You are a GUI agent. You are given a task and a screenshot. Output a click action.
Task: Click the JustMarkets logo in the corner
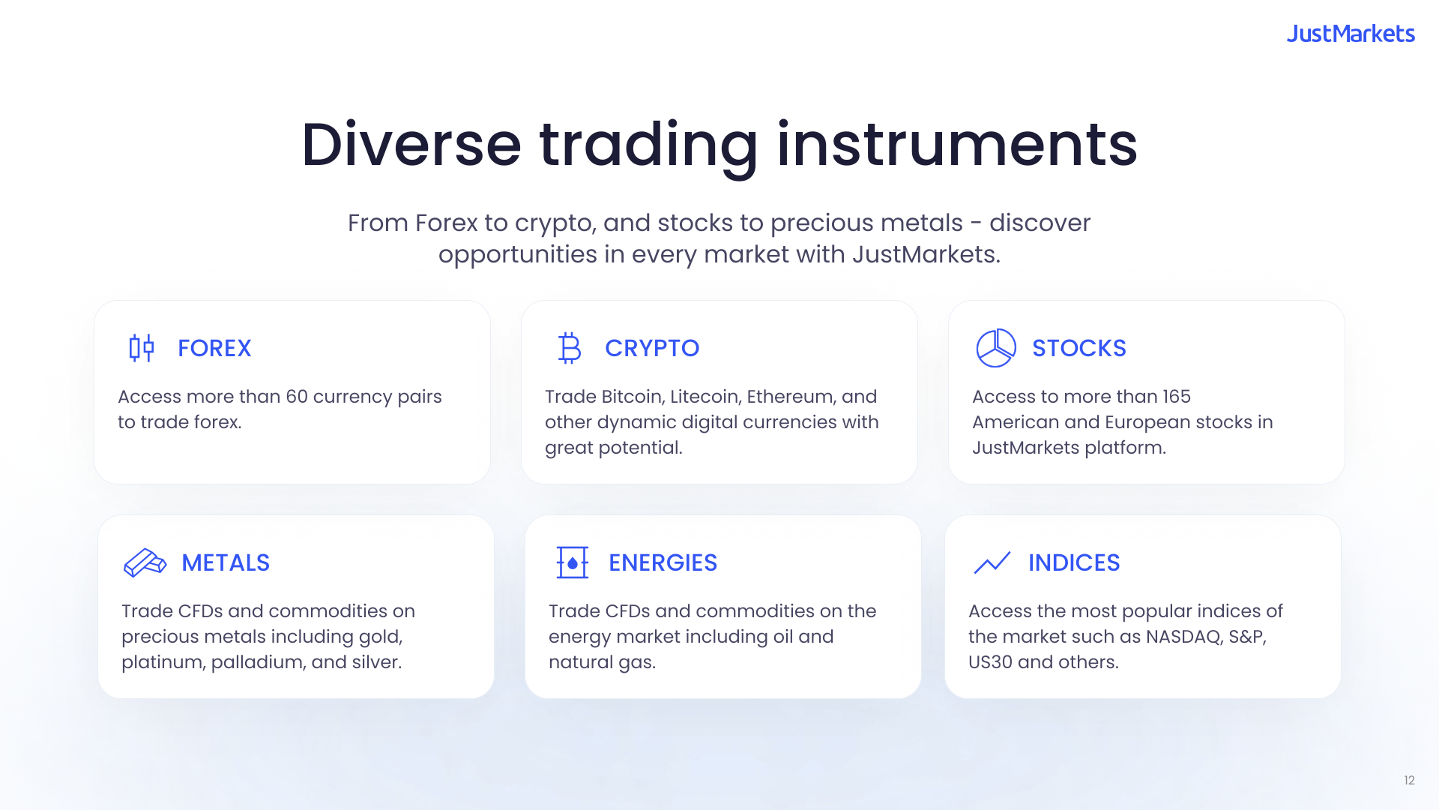point(1351,34)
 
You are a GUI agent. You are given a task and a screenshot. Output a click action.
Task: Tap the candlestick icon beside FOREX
point(141,348)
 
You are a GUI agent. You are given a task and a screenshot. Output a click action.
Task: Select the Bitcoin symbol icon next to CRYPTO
point(570,348)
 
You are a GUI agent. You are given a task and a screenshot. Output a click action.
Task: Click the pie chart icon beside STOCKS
point(996,348)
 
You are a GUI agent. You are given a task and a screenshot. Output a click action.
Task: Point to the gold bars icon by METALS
point(145,562)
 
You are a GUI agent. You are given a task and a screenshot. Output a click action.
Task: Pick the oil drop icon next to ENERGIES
point(573,562)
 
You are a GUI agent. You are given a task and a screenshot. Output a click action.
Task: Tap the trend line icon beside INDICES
point(992,562)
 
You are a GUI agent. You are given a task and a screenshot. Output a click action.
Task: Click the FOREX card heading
point(214,348)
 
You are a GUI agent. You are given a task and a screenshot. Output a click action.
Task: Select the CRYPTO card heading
point(652,348)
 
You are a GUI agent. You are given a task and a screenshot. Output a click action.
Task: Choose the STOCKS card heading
point(1079,348)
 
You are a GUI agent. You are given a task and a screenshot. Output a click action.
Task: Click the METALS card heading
point(226,562)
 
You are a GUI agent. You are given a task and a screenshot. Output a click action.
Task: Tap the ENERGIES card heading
point(663,562)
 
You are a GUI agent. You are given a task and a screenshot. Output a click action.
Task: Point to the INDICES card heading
point(1074,562)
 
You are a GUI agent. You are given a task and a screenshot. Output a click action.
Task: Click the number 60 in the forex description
point(297,397)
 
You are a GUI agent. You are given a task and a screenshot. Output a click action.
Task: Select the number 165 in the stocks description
point(1176,397)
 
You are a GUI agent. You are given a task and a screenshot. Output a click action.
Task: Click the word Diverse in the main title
point(411,144)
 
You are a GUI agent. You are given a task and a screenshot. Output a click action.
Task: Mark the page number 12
point(1409,781)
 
